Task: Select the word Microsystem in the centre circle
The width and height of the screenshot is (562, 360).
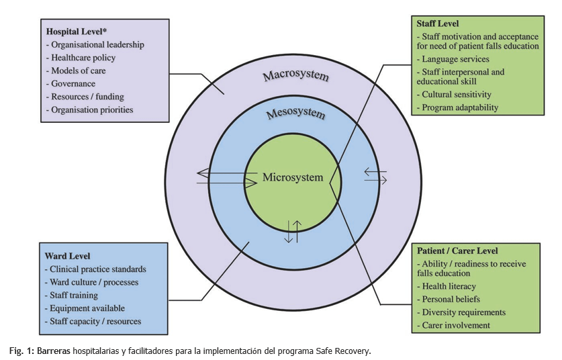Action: [293, 178]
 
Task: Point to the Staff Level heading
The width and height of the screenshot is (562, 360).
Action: [439, 24]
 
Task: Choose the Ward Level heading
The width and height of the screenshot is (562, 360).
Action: [68, 256]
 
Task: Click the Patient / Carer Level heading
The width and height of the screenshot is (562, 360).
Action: [458, 251]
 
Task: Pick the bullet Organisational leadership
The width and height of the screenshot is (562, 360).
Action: [95, 44]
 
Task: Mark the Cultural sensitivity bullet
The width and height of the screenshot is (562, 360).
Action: [456, 95]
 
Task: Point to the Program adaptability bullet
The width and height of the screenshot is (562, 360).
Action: [459, 107]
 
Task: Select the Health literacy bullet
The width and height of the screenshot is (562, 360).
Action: [450, 287]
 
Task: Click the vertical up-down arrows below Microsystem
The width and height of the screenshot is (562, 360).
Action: [293, 232]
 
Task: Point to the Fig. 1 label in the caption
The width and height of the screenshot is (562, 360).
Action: [21, 351]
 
